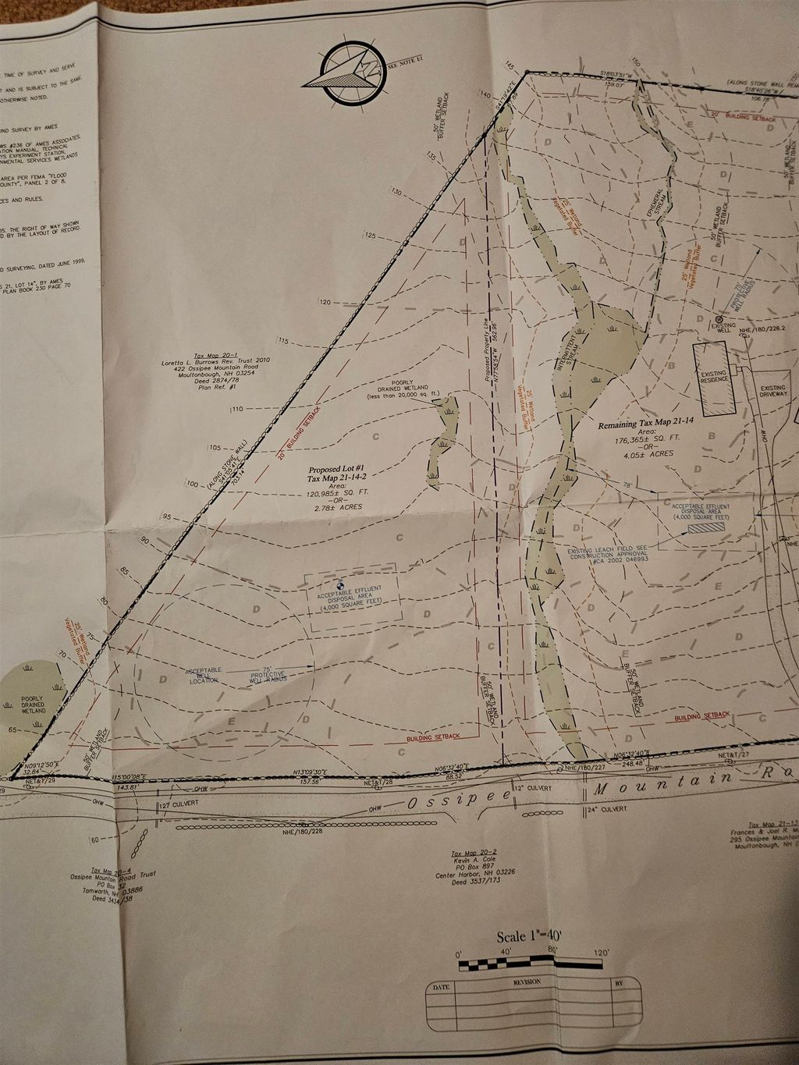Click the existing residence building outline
[714, 378]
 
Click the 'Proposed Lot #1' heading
[332, 470]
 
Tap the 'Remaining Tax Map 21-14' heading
[639, 426]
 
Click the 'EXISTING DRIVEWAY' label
[772, 392]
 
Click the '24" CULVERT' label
[609, 809]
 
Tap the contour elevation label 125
[369, 235]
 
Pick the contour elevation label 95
[166, 517]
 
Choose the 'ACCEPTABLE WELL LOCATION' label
[204, 675]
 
